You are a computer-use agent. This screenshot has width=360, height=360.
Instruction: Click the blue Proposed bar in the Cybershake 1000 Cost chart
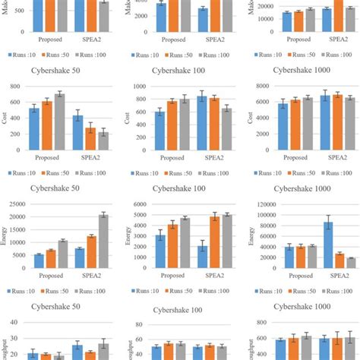click(283, 127)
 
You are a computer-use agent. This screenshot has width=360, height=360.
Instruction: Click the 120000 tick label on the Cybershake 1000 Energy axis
click(261, 204)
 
